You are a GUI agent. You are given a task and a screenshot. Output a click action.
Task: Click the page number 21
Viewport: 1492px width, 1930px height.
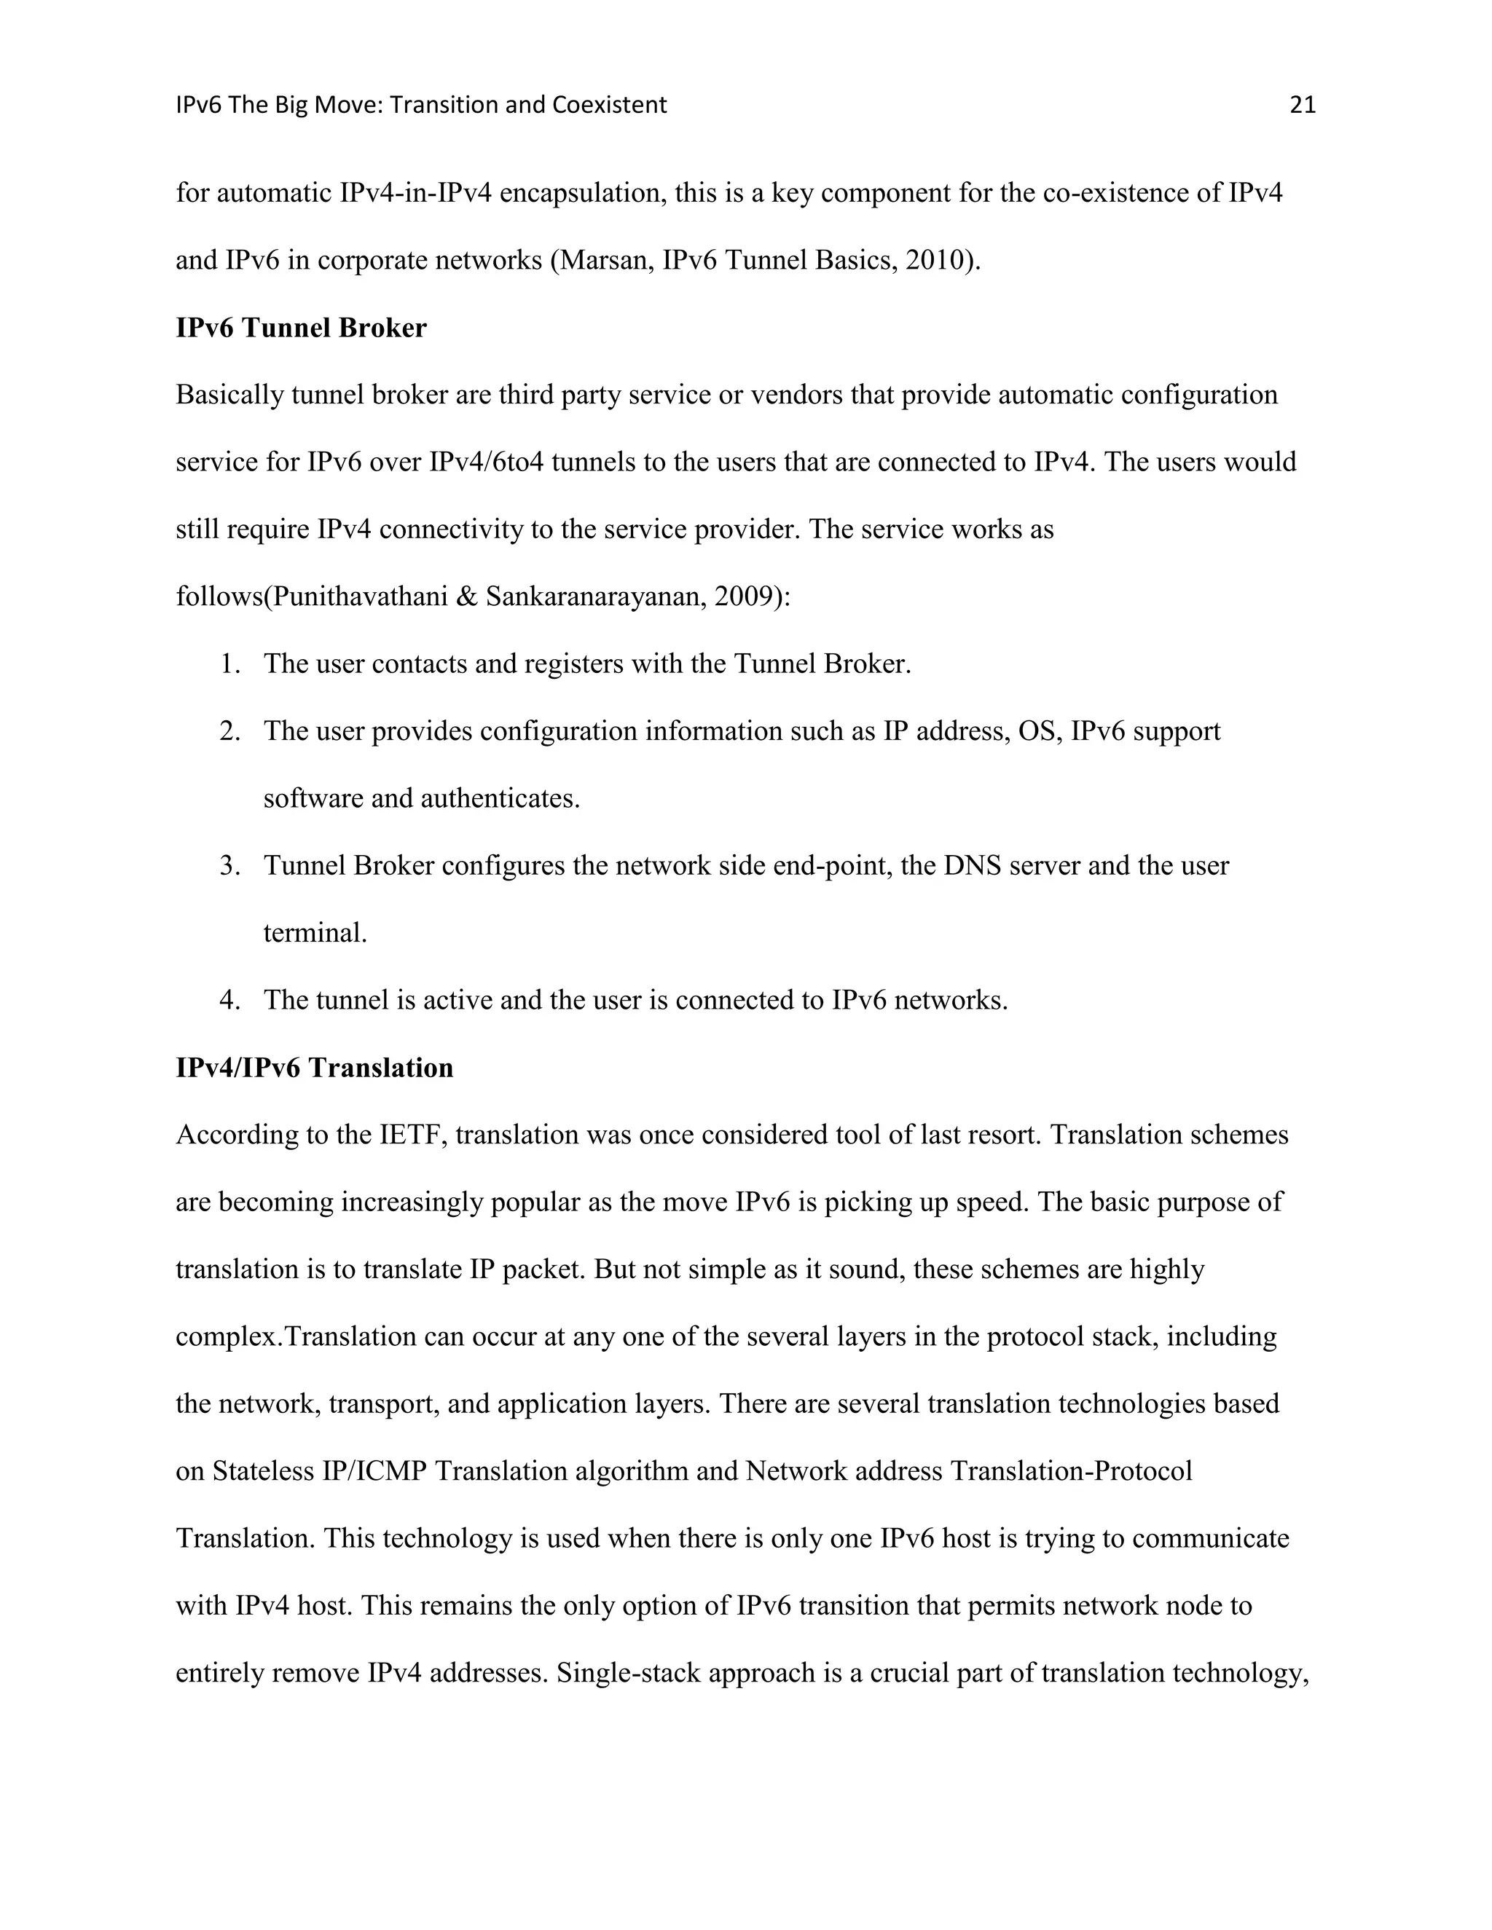(1303, 105)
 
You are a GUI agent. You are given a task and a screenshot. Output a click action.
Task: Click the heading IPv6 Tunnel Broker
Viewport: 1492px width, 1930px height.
(301, 328)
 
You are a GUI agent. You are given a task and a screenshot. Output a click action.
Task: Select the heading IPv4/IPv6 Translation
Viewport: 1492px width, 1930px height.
(314, 1068)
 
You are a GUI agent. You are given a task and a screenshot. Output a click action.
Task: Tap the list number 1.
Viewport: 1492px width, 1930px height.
(229, 663)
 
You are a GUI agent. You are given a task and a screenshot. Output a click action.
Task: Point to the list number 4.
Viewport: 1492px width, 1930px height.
(229, 1001)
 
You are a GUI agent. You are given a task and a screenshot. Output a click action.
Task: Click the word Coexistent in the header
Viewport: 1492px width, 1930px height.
(609, 105)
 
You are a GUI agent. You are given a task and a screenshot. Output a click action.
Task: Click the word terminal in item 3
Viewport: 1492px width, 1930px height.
(314, 933)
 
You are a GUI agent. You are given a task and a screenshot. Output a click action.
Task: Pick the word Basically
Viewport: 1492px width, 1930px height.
(229, 394)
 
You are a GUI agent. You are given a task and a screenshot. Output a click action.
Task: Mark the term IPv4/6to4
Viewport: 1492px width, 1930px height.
(486, 462)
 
